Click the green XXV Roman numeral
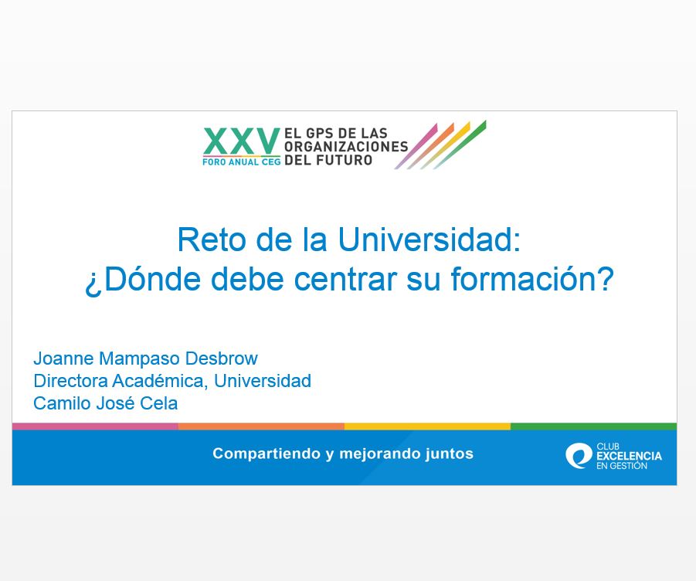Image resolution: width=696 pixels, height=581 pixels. (x=242, y=141)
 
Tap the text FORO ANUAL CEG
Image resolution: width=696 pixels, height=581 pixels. (x=242, y=162)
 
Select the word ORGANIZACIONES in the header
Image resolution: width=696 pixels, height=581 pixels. (x=346, y=147)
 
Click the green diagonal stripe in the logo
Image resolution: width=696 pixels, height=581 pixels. (x=460, y=144)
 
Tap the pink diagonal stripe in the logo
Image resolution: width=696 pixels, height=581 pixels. (x=416, y=147)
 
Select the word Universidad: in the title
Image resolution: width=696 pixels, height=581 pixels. (x=429, y=240)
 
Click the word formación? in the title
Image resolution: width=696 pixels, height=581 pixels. (x=531, y=279)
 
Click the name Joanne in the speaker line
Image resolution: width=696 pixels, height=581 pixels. (x=63, y=358)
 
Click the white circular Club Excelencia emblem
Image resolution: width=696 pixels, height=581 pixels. (x=579, y=456)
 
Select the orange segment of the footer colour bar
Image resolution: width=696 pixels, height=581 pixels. (x=261, y=426)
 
